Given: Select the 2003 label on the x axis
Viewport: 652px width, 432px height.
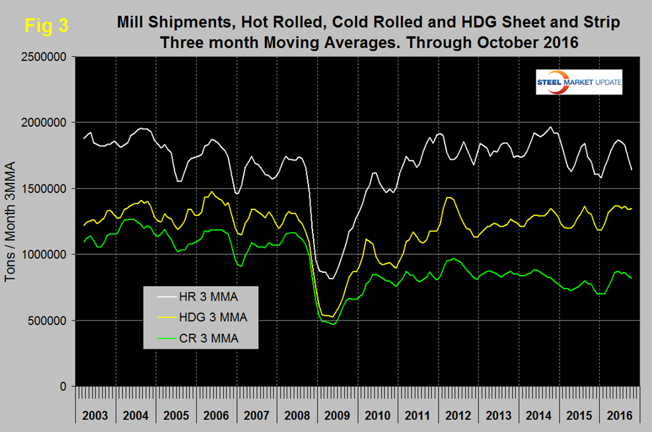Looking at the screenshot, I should [x=96, y=416].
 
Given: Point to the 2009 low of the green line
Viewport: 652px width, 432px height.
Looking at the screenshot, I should [x=333, y=324].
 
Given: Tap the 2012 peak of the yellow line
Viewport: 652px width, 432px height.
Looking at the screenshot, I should [x=449, y=197].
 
